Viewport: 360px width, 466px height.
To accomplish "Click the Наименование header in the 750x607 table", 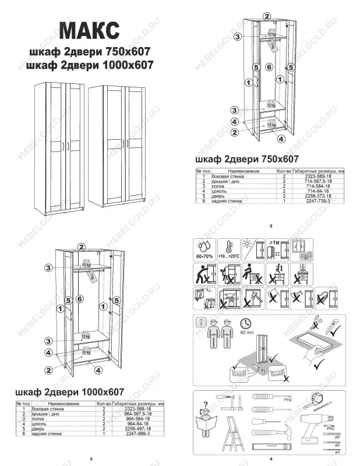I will tap(243, 171).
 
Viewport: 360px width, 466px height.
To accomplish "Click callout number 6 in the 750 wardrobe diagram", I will tap(269, 68).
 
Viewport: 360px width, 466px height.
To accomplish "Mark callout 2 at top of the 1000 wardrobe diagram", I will tap(82, 247).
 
